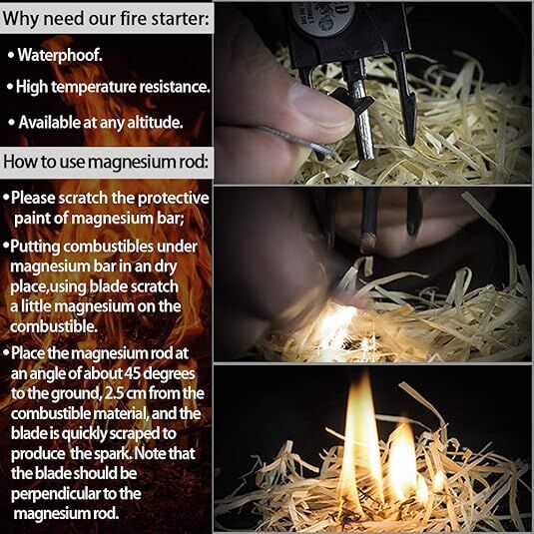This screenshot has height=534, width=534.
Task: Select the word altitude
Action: coord(153,122)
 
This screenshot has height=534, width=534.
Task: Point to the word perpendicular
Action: coord(59,493)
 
